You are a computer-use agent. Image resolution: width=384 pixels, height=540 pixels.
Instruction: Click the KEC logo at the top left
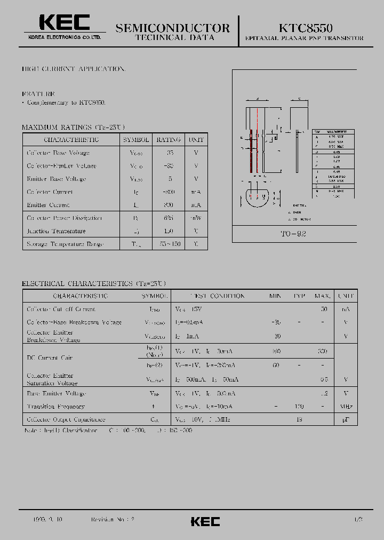65,23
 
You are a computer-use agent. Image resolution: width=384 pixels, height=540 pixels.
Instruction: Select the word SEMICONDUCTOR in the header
173,28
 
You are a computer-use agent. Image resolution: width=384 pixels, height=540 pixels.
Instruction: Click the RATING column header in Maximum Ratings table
169,140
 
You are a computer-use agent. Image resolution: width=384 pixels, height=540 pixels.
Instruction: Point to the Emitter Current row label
49,205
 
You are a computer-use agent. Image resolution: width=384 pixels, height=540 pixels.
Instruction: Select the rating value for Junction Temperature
169,231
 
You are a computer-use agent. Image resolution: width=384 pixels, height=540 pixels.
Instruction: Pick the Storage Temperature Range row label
65,244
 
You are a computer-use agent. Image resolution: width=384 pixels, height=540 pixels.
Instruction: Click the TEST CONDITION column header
210,296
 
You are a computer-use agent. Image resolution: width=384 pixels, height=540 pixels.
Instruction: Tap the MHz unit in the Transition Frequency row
346,407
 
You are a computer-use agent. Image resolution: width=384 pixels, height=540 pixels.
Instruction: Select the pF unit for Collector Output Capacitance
346,420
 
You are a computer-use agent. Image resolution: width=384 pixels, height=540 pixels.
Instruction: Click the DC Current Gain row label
50,358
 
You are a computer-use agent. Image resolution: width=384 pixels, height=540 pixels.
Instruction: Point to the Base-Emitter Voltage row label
56,393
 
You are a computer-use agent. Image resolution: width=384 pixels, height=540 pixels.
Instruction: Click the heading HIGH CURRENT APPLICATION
74,69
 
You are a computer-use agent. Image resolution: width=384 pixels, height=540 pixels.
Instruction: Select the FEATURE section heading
38,93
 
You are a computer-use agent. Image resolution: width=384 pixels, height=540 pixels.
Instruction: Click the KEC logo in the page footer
205,521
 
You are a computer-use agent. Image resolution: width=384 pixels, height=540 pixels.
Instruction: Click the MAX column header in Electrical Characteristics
322,296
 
